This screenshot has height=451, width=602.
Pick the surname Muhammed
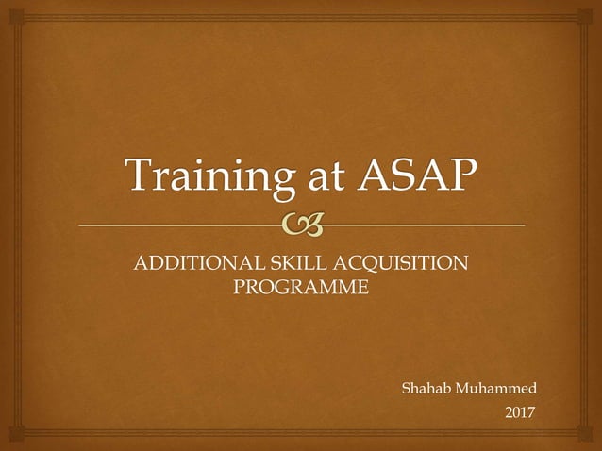pyautogui.click(x=497, y=388)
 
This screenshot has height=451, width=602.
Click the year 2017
pyautogui.click(x=520, y=411)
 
